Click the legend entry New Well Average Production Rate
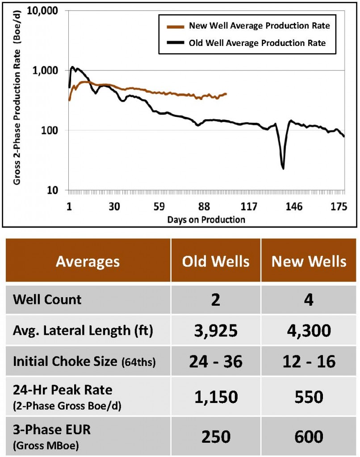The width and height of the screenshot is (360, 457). pyautogui.click(x=260, y=26)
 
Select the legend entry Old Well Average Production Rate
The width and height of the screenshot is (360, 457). pyautogui.click(x=257, y=43)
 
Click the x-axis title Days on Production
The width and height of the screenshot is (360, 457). pyautogui.click(x=206, y=219)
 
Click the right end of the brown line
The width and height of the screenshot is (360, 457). pyautogui.click(x=226, y=94)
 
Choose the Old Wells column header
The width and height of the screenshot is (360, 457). pyautogui.click(x=216, y=261)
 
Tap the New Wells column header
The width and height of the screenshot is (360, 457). pyautogui.click(x=309, y=261)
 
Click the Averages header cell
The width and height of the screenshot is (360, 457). pyautogui.click(x=88, y=262)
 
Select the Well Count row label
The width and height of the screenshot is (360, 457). pyautogui.click(x=47, y=299)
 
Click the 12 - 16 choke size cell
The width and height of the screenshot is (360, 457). pyautogui.click(x=309, y=361)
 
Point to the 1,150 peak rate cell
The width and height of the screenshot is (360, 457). pyautogui.click(x=216, y=396)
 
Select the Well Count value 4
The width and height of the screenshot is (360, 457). pyautogui.click(x=309, y=299)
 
